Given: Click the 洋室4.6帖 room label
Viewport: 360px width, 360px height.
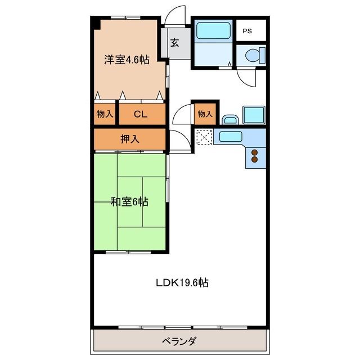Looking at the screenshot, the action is coord(127,60).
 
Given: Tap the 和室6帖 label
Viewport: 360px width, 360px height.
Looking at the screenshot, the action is coord(129,202).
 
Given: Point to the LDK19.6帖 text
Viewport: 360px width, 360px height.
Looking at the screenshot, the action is coord(182,282).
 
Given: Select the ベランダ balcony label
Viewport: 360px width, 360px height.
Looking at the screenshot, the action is coord(179,341).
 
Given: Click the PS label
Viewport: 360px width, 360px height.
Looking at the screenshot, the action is coord(247,31).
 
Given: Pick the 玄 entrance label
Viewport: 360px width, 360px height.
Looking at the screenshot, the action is coord(175,43).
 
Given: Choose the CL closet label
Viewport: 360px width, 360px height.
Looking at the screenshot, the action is coord(141,114).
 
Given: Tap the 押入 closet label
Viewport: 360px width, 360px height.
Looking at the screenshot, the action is coord(130,139).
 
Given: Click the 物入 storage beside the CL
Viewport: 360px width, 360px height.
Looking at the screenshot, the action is coord(105,114).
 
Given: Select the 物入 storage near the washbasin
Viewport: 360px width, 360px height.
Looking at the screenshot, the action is coord(205,114).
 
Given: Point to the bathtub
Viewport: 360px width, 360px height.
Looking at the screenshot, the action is coord(213,30).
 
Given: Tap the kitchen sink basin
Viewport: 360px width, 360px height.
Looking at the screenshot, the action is coord(231,137).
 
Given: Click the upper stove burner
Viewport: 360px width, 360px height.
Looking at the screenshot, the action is coord(255,152).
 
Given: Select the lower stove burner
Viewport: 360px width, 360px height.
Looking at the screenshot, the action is coord(255,159).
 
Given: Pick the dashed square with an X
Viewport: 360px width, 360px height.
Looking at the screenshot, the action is coord(205,137).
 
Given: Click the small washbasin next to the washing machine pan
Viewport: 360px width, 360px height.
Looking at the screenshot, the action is coord(231,120).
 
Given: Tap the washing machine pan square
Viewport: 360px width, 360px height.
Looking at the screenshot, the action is coord(254,115).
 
